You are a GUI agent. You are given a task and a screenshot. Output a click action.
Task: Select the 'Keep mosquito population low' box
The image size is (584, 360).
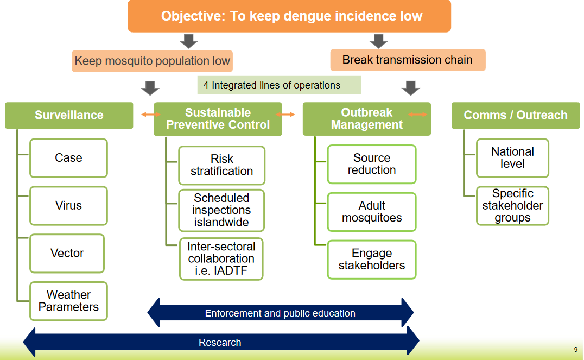tap(153, 61)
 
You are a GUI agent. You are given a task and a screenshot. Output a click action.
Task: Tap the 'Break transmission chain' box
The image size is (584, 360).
tap(408, 60)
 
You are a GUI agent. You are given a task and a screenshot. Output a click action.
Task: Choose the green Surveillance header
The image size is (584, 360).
tap(69, 115)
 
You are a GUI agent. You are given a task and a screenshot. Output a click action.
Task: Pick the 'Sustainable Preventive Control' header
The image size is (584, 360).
tap(218, 119)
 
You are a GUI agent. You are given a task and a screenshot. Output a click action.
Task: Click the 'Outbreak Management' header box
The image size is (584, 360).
tap(366, 119)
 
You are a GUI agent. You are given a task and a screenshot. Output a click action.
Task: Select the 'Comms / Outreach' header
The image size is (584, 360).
tap(515, 115)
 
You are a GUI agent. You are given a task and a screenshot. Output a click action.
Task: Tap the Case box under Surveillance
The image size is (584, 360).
tap(68, 158)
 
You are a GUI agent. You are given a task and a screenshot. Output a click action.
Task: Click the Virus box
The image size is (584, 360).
tap(68, 206)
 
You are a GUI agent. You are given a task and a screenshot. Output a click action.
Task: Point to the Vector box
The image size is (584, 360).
tap(67, 253)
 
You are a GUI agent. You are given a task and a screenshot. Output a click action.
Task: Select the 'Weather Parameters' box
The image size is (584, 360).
tap(68, 301)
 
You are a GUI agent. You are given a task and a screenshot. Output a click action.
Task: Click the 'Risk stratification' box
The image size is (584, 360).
tap(221, 165)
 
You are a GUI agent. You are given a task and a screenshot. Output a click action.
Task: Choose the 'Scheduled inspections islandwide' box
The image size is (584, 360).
tap(221, 210)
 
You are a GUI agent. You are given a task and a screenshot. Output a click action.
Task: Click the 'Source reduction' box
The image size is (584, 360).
tap(372, 164)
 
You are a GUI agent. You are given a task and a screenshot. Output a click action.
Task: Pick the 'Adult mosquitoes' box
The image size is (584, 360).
tap(372, 212)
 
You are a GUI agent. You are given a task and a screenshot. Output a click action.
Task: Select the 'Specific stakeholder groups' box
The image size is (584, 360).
tap(512, 206)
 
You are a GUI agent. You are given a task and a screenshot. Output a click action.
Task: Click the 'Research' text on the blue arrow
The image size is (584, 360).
tap(220, 343)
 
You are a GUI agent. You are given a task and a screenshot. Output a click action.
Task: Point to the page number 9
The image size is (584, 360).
tap(575, 350)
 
